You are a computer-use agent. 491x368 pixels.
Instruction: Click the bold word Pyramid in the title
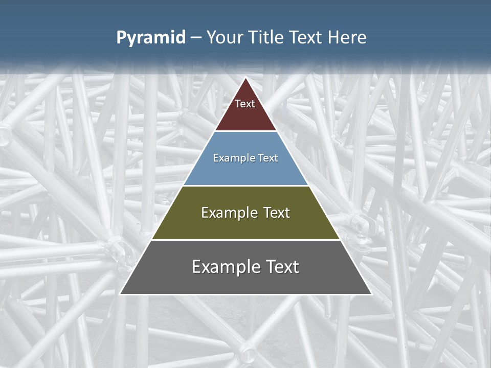pyautogui.click(x=150, y=38)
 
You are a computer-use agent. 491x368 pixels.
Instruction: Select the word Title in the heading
pyautogui.click(x=269, y=37)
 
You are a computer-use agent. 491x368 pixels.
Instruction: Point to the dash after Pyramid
pyautogui.click(x=195, y=38)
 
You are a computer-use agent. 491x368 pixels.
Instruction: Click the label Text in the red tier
pyautogui.click(x=245, y=104)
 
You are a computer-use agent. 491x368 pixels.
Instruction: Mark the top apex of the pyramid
pyautogui.click(x=245, y=78)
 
